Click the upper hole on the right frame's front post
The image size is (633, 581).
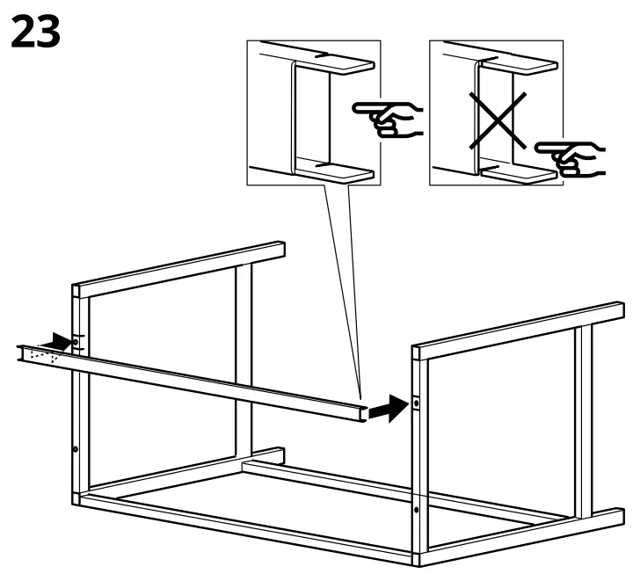pyautogui.click(x=416, y=404)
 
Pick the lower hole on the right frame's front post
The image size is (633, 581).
pyautogui.click(x=416, y=508)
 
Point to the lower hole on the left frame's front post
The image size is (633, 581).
pyautogui.click(x=75, y=449)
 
